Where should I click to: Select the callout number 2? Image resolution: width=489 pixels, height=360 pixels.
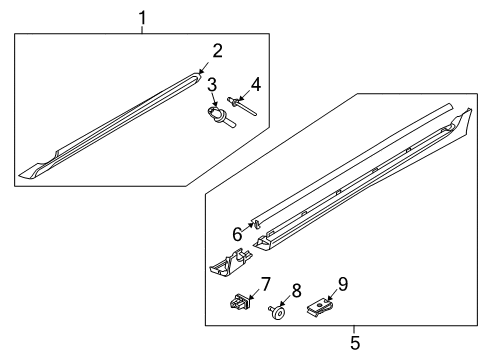coord(217,50)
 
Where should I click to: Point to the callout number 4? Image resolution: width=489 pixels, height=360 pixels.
coord(256,85)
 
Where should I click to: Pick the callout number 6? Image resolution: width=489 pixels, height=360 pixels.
coord(237,234)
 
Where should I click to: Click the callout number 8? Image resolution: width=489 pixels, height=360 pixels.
coord(297,292)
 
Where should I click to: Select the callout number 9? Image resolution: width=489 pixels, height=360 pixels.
coord(342,283)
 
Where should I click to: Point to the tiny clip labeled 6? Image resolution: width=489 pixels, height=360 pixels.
coord(255,226)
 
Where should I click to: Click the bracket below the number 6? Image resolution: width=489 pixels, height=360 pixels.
coord(229,263)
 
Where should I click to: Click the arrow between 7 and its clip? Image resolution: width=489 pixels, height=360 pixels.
coord(253,293)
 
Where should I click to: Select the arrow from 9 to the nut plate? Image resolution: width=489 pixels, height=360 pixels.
coord(331,292)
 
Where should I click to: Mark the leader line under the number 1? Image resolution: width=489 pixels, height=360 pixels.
coord(142,29)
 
